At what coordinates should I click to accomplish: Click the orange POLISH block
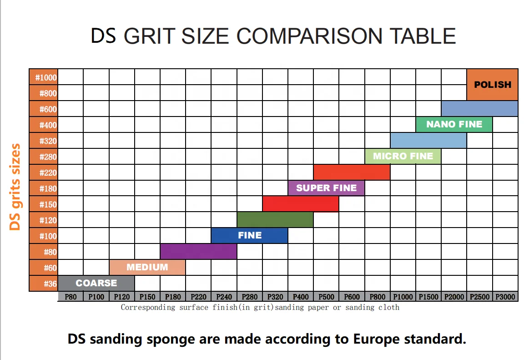[492, 85]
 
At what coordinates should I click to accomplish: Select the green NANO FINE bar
[454, 124]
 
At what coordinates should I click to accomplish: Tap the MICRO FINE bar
[403, 156]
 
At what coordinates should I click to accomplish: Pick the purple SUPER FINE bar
[326, 188]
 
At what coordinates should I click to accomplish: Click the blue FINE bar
[249, 235]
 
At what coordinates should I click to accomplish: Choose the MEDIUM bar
[147, 267]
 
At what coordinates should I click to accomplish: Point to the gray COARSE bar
[96, 283]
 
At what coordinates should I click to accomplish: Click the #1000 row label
[44, 77]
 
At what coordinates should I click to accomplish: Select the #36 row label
[44, 284]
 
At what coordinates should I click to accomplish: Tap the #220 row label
[44, 172]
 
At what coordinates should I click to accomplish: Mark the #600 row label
[44, 109]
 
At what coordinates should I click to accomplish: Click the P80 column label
[71, 297]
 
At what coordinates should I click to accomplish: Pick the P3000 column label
[505, 297]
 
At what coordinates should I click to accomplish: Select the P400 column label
[301, 297]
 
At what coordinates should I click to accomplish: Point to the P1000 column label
[403, 297]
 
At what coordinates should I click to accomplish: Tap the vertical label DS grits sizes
[15, 187]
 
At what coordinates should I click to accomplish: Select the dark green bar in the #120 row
[275, 220]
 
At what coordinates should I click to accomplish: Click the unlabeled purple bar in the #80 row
[198, 251]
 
